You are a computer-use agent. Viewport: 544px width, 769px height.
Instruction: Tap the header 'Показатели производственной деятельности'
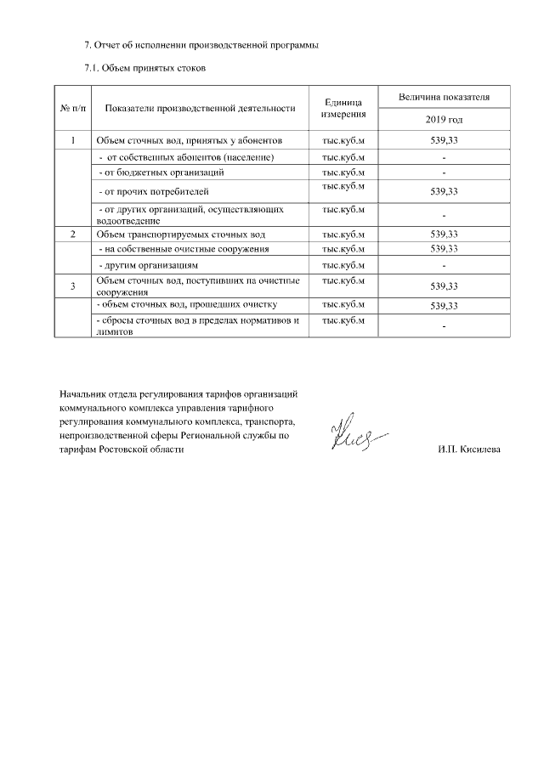[x=200, y=108]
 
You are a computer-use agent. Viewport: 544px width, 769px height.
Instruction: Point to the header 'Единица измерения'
[x=344, y=107]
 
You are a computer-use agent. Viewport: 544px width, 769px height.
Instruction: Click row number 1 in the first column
[x=73, y=140]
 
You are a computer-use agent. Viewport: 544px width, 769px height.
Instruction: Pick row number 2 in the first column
[x=73, y=233]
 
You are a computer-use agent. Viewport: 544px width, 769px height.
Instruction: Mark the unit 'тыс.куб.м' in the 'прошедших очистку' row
[x=344, y=303]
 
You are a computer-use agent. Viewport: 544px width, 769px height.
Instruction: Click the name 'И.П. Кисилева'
[x=469, y=450]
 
